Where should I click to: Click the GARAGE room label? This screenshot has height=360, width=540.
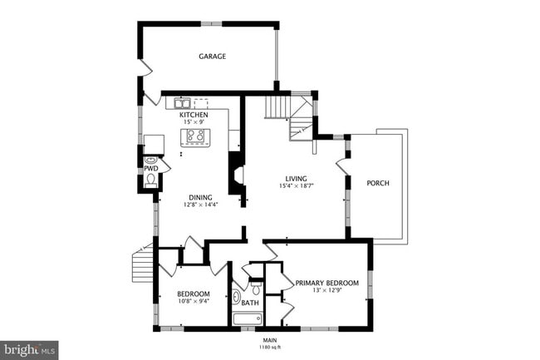[212, 57]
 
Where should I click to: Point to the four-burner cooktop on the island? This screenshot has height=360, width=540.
[196, 136]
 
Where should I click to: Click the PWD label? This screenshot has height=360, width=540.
[150, 168]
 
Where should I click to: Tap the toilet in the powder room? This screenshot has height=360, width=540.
[150, 158]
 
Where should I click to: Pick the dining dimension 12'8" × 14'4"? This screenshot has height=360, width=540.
[199, 205]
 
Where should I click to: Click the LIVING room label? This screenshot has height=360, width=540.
[297, 179]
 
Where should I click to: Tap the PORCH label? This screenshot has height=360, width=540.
[378, 183]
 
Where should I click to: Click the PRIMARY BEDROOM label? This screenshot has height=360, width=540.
[327, 283]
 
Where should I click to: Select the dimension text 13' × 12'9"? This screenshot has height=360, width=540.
[326, 290]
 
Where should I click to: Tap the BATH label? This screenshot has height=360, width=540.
[250, 303]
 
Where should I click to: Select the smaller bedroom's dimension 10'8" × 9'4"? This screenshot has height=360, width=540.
[192, 303]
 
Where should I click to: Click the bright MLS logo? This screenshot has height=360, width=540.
[29, 350]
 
